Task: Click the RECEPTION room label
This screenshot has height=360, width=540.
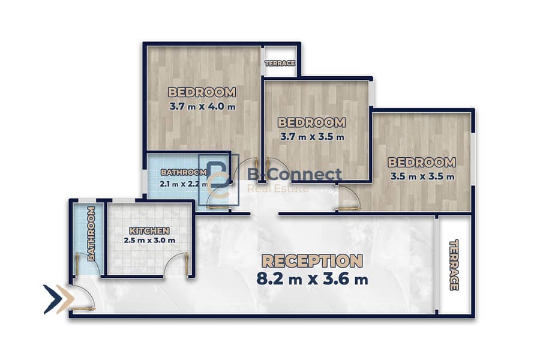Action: coord(312,261)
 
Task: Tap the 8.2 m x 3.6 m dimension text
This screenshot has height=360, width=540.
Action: coord(312,278)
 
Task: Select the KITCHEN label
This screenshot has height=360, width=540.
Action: coord(149,230)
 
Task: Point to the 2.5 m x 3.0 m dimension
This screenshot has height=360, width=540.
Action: coord(149,240)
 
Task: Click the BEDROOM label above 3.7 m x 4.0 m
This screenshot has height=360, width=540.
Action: coord(202,92)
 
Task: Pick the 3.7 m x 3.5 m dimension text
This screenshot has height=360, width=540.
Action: coord(312,137)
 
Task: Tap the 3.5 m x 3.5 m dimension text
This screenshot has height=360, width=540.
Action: coord(422,176)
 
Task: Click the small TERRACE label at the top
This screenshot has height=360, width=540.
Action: coord(280,63)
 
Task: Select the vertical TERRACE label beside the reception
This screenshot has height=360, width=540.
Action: coord(454,265)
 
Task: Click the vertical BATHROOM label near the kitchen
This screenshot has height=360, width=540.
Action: coord(91,233)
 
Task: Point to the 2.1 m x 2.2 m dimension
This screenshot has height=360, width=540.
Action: coord(183,184)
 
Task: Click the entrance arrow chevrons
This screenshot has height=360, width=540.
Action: coord(59,299)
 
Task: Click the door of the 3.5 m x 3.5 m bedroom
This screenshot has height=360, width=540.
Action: coord(349,198)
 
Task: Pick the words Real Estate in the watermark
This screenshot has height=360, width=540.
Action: coord(278,188)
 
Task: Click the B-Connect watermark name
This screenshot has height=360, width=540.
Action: coord(295,175)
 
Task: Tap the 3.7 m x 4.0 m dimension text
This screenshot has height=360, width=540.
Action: coord(203,106)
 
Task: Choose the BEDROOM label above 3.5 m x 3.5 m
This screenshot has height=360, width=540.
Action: coord(422,162)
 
